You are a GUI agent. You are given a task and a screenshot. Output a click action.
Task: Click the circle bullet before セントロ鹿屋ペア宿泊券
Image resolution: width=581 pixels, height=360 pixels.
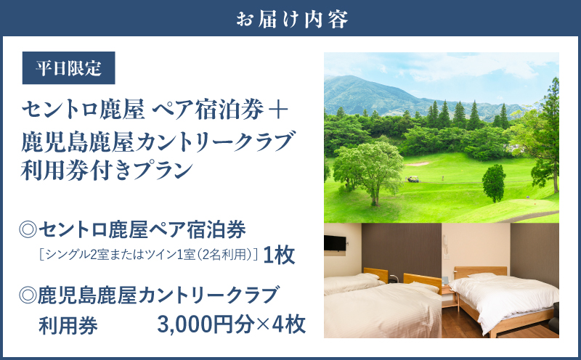pos(30,231)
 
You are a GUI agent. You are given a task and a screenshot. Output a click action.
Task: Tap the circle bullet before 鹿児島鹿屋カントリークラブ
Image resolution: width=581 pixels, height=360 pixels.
pos(30,295)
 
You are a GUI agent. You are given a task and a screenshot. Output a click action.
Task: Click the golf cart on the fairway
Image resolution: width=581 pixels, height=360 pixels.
pos(413,179)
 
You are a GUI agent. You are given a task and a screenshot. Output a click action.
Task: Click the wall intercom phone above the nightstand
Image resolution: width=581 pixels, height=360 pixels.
pos(444,279)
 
